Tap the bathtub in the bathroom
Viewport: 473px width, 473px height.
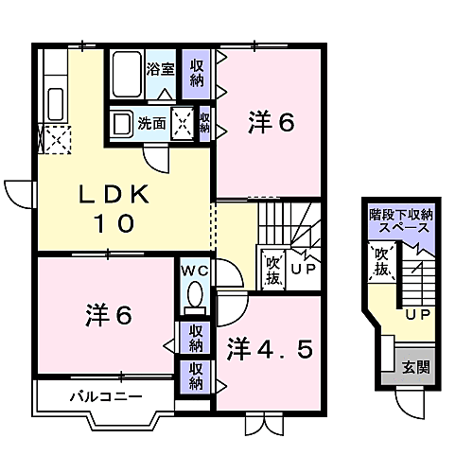[125, 75]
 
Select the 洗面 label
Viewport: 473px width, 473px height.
[151, 123]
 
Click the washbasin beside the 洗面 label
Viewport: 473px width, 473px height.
[121, 123]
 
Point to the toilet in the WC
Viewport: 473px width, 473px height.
[195, 296]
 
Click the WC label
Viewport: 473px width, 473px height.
[196, 269]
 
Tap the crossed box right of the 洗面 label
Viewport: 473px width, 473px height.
[182, 123]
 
